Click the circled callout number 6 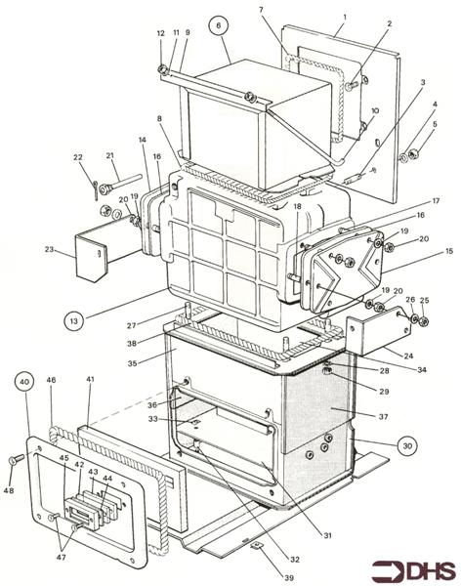click(x=220, y=23)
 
